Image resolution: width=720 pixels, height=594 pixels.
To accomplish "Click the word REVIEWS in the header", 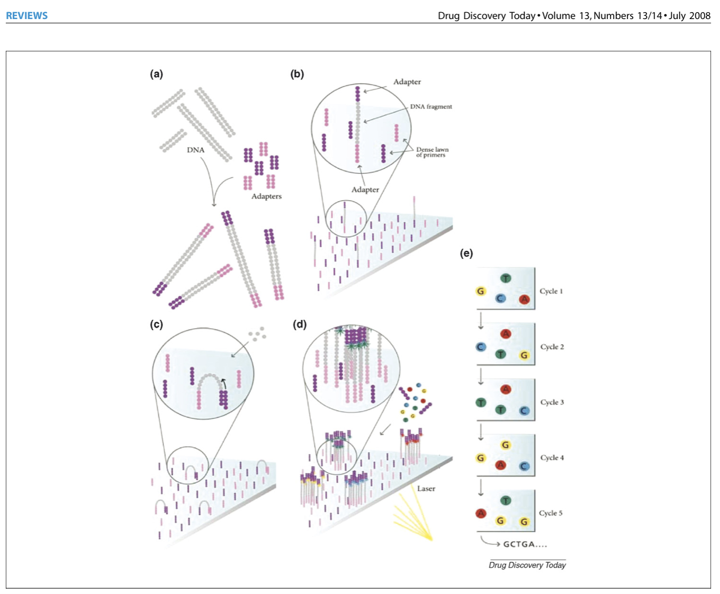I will pos(26,16).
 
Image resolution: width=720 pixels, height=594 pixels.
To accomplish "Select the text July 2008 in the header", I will pos(689,16).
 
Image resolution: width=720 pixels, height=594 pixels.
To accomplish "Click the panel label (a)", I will pos(156,74).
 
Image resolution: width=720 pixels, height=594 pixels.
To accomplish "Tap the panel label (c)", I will pos(156,324).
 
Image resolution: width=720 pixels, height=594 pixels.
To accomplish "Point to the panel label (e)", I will pos(466,253).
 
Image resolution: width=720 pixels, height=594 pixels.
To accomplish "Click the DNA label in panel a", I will pos(195,150).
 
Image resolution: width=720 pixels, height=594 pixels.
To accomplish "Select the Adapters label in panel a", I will pos(266,196).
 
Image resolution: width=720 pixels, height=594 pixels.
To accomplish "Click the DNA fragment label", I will pos(431,106).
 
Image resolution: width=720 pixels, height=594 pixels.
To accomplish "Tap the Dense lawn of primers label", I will pos(431,152).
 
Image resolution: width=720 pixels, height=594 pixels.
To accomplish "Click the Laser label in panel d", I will pos(426,489).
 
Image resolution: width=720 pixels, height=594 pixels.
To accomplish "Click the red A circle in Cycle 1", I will pos(524,300).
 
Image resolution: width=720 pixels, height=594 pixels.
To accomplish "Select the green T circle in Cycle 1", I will pos(506,278).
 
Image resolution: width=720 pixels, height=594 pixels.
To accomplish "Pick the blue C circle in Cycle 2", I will pos(481,347).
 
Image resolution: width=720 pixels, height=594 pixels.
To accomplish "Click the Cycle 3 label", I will pos(552,402).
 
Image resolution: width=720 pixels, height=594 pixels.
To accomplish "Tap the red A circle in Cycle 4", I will pos(500,465).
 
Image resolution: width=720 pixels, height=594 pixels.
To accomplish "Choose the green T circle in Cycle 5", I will pos(506,501).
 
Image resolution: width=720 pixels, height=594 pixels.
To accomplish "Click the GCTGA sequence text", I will pos(524,544).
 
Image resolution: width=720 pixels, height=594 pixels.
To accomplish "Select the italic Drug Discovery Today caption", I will pos(527,565).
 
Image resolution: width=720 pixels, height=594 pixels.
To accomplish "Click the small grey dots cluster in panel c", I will pos(257,334).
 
